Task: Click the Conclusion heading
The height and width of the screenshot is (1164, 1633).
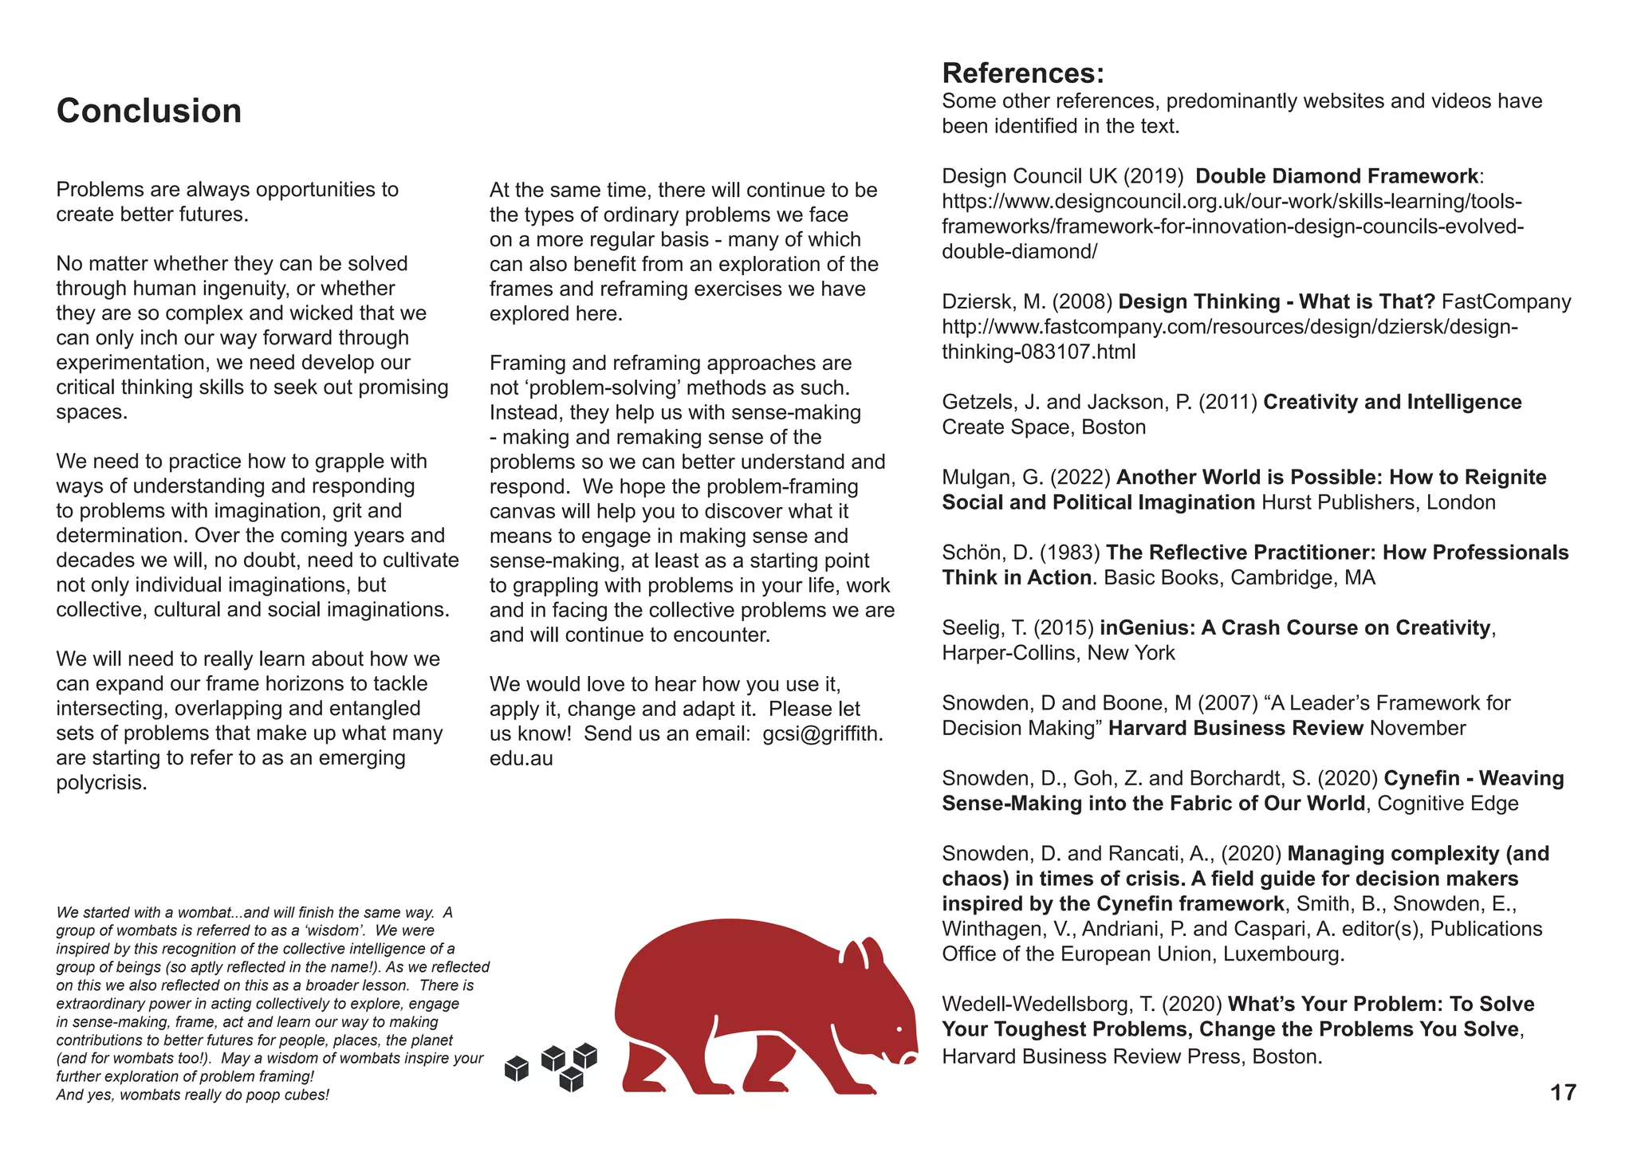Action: (149, 111)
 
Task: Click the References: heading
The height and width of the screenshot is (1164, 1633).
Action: (1023, 73)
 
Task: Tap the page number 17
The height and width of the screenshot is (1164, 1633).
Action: (1563, 1092)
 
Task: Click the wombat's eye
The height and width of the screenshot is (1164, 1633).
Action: (899, 1029)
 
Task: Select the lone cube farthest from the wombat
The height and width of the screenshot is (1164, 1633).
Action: (517, 1068)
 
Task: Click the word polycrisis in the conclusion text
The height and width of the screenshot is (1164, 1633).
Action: (101, 783)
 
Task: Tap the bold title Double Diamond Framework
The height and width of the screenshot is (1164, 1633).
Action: (1336, 176)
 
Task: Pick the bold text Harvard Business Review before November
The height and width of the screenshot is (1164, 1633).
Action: (1236, 728)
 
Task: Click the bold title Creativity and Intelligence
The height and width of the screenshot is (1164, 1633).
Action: (1392, 402)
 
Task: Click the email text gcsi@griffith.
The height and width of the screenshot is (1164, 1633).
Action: (822, 733)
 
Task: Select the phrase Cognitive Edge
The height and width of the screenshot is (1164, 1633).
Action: (1447, 803)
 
